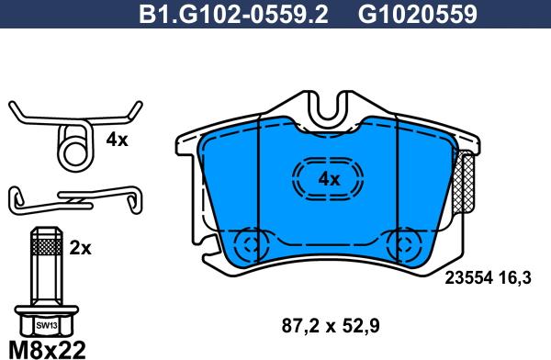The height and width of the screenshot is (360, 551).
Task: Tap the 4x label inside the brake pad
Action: click(328, 178)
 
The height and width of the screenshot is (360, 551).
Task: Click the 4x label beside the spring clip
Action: click(117, 141)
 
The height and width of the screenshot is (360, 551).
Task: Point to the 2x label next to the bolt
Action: click(80, 247)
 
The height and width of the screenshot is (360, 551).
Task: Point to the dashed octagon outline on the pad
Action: click(328, 178)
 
